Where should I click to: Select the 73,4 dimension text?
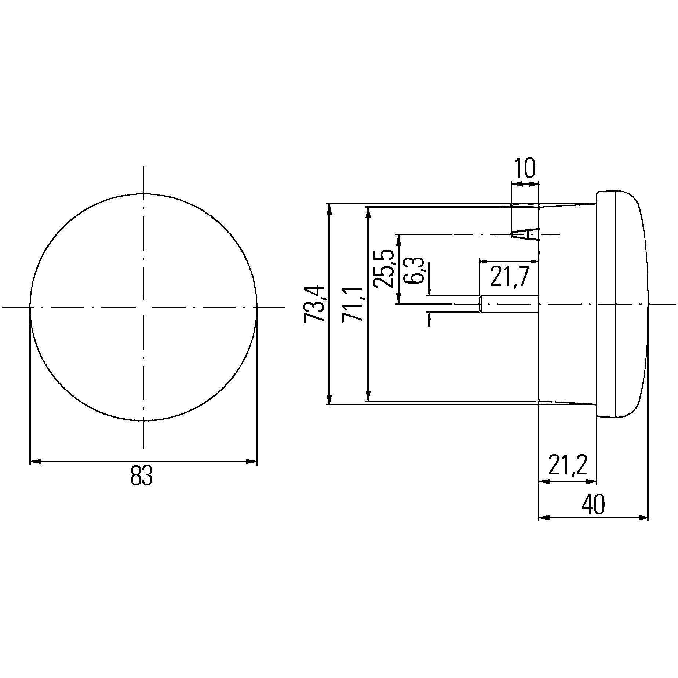[314, 304]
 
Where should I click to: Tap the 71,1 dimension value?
[352, 304]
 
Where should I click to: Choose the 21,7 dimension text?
[510, 277]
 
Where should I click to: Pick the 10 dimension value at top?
[525, 169]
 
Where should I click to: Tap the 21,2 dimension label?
[568, 465]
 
